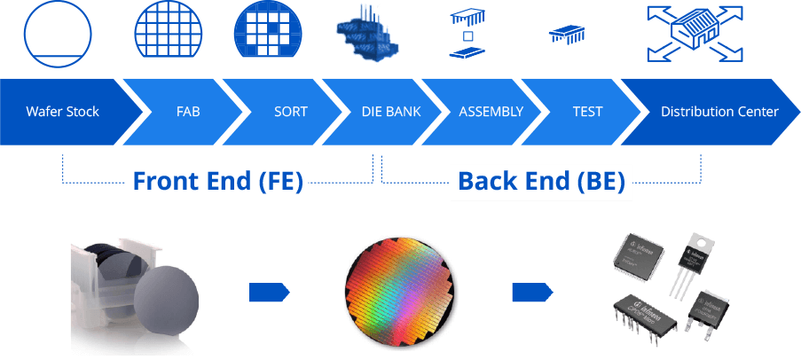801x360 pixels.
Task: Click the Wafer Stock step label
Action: pos(62,112)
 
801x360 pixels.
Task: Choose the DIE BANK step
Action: pos(391,112)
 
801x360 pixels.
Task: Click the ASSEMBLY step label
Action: pos(491,112)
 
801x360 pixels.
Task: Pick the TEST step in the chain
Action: pos(587,112)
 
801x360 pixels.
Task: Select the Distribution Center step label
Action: pos(719,112)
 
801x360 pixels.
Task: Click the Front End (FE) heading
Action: pos(218,182)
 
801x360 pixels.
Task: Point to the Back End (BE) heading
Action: pos(541,182)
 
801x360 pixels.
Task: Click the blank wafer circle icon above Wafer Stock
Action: pos(58,31)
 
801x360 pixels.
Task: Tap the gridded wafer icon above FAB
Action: pos(169,31)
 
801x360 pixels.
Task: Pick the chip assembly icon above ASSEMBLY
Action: pos(470,34)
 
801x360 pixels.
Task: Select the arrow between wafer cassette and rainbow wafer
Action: pos(269,293)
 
